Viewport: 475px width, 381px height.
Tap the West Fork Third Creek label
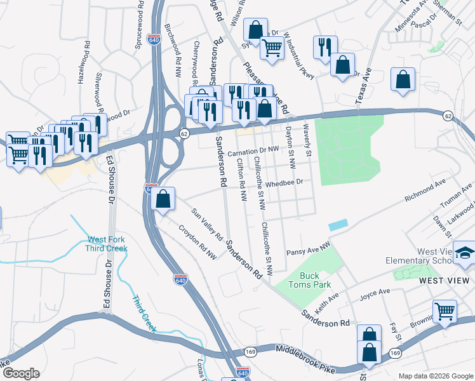click(107, 243)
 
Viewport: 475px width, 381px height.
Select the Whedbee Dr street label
click(286, 182)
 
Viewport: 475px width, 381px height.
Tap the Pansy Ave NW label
click(309, 248)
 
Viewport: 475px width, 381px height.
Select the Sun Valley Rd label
click(208, 228)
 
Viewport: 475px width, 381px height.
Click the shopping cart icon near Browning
click(445, 311)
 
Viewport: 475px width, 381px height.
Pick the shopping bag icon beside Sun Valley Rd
click(163, 199)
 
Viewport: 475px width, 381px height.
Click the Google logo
click(20, 373)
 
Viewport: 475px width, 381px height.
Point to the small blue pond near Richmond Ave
click(338, 225)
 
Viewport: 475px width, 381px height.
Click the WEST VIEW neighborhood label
click(445, 280)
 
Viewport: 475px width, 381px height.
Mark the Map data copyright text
click(434, 376)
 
